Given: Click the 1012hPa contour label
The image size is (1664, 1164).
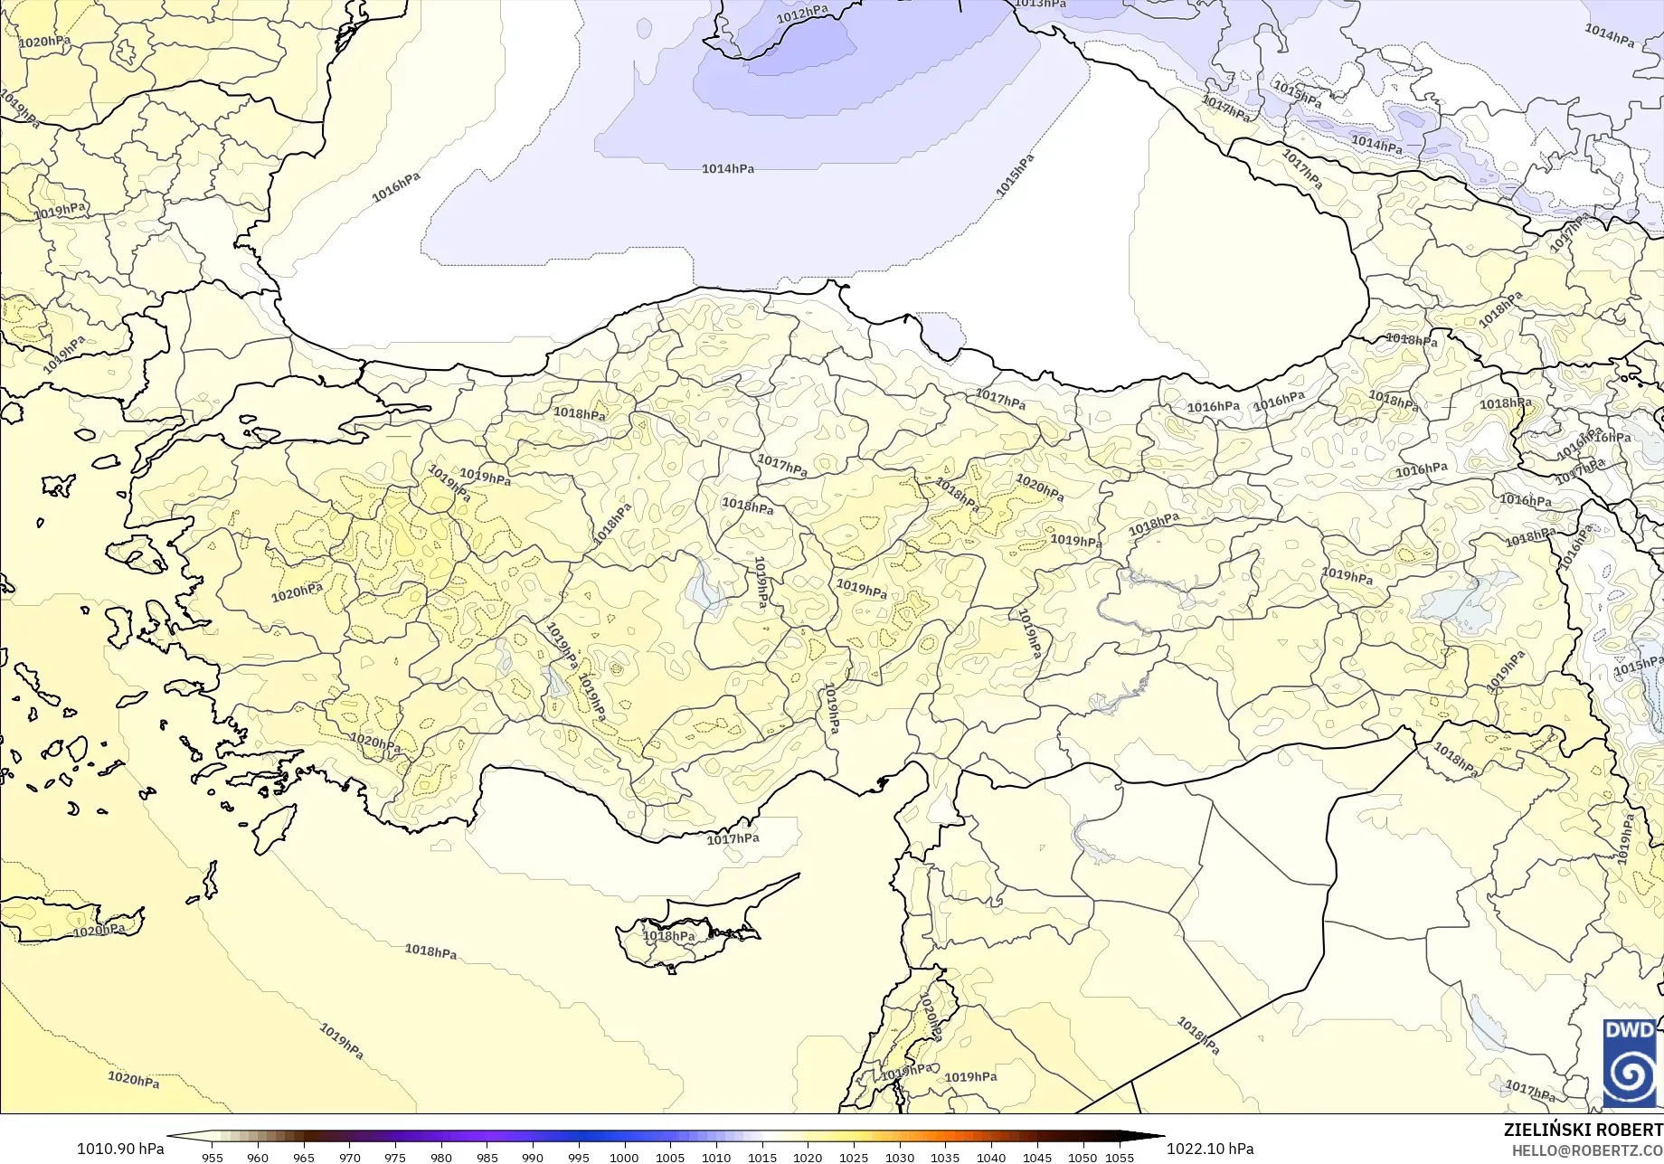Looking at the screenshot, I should click(802, 14).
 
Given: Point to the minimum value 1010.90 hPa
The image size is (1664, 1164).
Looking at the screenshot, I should click(120, 1149).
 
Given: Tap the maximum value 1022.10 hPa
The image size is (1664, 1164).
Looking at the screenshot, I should click(1210, 1149).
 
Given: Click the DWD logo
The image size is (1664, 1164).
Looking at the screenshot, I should click(1630, 1064).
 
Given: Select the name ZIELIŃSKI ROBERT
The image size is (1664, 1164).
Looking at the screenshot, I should click(1583, 1130).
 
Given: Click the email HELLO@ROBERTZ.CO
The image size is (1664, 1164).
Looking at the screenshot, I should click(1587, 1150).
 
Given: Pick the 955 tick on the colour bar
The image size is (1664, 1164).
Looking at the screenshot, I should click(213, 1157).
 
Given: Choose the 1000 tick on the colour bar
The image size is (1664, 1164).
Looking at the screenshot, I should click(624, 1157).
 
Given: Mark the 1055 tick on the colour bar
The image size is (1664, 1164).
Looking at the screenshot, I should click(1120, 1157).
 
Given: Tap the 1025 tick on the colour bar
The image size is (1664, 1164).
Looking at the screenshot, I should click(853, 1157).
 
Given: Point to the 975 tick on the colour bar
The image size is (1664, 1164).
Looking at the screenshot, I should click(395, 1157).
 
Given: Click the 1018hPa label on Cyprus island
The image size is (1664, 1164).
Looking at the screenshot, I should click(669, 936).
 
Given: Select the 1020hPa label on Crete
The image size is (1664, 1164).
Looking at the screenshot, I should click(99, 931).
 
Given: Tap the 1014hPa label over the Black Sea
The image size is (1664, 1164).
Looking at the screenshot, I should click(728, 169).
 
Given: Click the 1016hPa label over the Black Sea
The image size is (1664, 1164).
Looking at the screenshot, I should click(396, 187).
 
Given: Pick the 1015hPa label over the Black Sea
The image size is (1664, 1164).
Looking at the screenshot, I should click(1015, 175).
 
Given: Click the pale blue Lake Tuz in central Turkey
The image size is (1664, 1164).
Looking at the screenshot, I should click(705, 587).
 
